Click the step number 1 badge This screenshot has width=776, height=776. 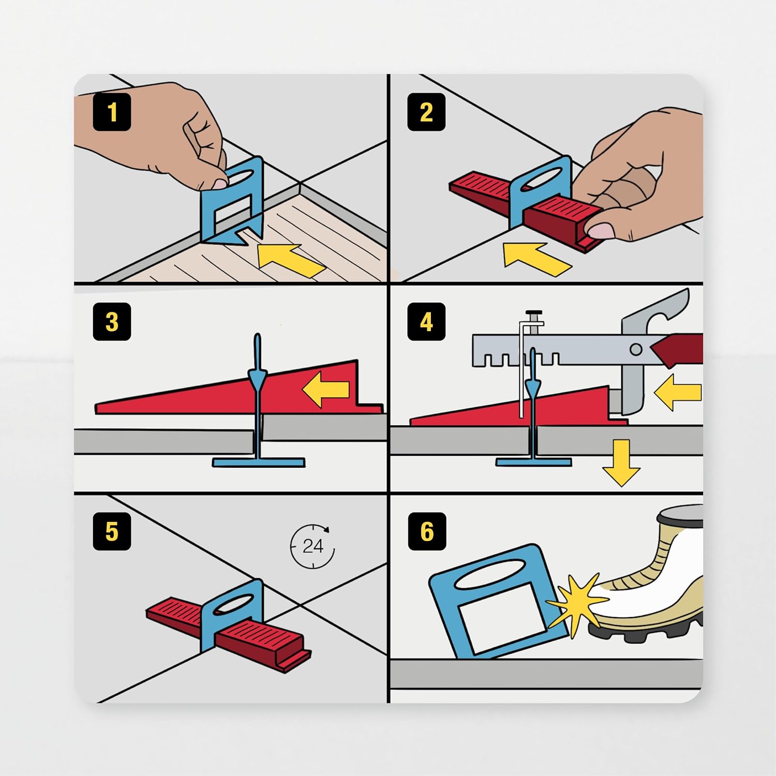pos(112,112)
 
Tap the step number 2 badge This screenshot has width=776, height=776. pos(426,112)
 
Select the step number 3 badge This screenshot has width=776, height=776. pos(112,321)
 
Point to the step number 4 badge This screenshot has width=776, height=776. pos(426,321)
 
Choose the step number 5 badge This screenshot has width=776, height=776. pos(112,531)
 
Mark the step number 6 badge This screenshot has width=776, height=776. pos(426,531)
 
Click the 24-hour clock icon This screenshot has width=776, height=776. pos(312,546)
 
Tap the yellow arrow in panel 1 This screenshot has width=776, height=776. pos(290,260)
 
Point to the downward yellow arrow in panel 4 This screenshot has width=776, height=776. pos(621,462)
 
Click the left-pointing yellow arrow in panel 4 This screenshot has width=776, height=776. pos(678,392)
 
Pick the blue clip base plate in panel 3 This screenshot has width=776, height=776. pos(258,461)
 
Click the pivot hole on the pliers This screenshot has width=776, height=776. pos(636,350)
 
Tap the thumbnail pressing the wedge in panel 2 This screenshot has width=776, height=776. pos(600,230)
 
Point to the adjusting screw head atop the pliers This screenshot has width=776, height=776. pos(534,314)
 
